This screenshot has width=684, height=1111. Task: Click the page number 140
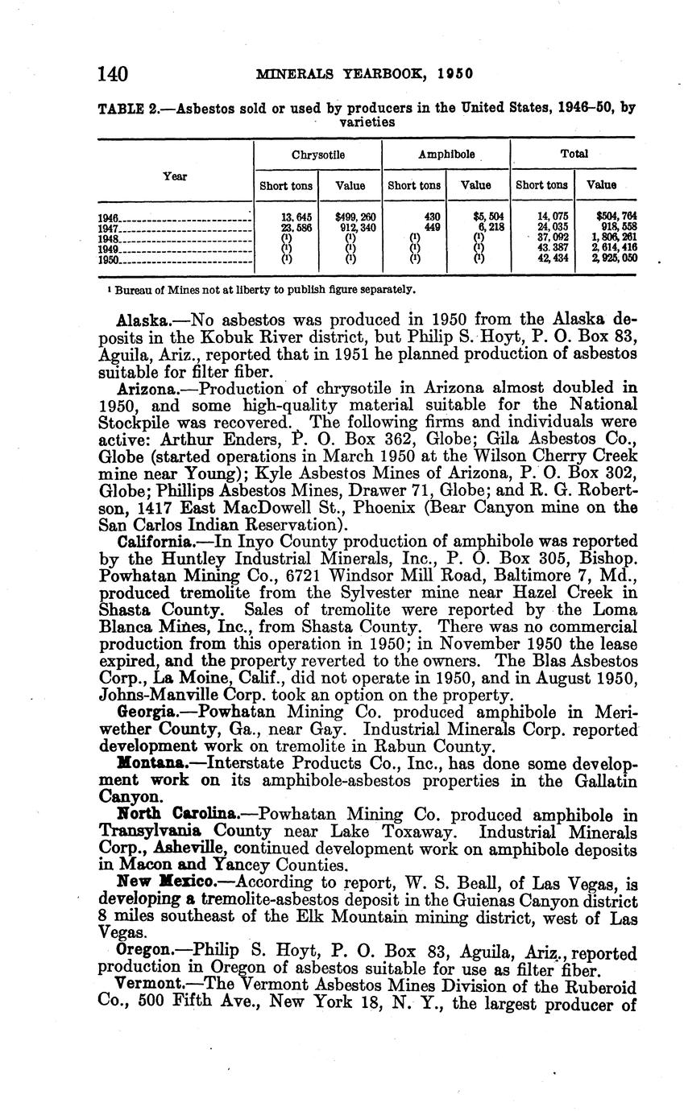[113, 74]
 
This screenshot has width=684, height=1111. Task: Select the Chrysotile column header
[318, 154]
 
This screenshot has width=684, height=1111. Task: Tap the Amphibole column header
[445, 154]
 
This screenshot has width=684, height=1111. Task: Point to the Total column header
[574, 154]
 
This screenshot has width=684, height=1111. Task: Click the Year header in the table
[176, 176]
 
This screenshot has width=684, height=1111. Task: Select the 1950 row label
[109, 260]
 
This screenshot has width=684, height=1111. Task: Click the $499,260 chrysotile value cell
[350, 217]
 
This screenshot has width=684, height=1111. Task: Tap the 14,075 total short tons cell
[542, 217]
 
